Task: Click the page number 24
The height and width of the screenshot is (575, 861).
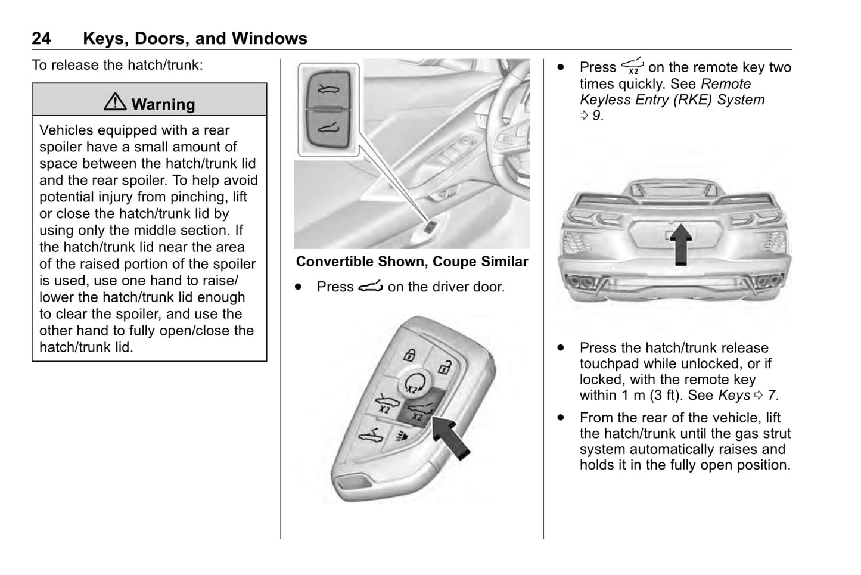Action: [41, 39]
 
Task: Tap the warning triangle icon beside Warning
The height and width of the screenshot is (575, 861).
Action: [114, 103]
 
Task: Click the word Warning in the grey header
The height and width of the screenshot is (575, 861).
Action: [163, 104]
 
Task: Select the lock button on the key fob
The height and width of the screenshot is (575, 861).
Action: [409, 355]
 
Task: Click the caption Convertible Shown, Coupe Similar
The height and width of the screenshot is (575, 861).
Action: [412, 262]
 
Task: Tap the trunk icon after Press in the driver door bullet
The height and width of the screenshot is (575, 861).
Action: [370, 287]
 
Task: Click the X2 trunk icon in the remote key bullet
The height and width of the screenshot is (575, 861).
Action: [632, 66]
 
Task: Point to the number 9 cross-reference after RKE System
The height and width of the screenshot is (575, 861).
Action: [596, 116]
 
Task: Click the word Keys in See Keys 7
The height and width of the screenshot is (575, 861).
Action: [734, 395]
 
